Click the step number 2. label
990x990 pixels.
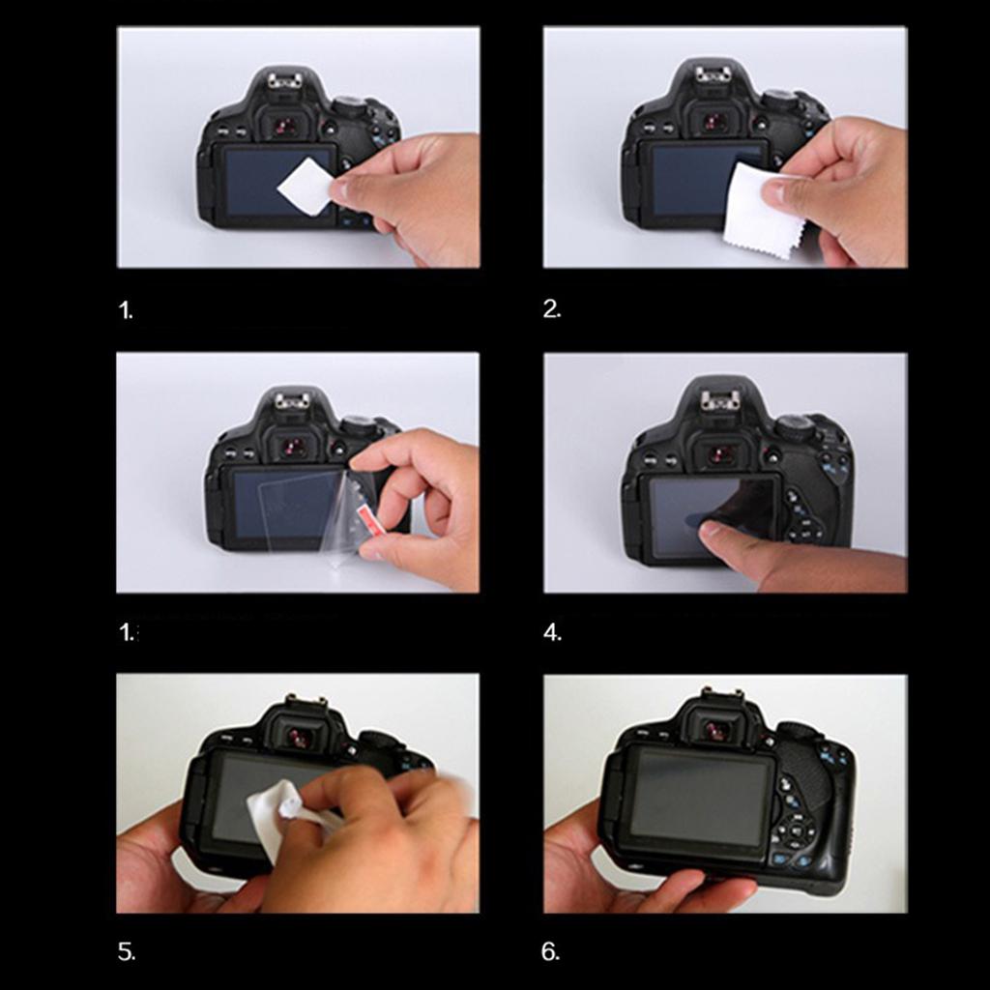point(551,308)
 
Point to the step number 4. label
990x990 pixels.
point(552,632)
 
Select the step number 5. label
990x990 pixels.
point(127,951)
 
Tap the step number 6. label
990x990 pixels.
point(550,951)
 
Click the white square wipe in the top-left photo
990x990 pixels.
point(305,187)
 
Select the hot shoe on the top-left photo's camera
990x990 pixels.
point(282,79)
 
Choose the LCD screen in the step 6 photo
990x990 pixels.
point(702,796)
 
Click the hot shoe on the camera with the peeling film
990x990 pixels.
point(291,400)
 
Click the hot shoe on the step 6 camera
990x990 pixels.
point(721,694)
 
